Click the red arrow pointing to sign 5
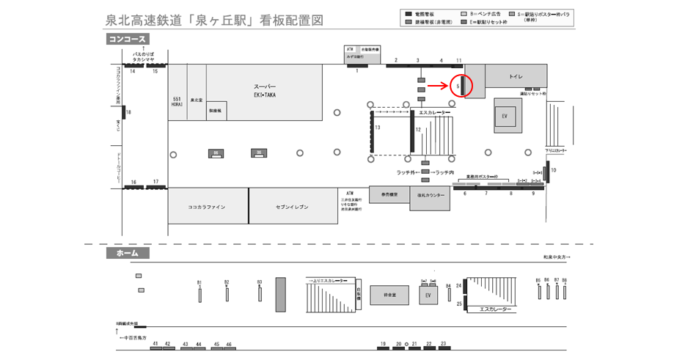(438, 85)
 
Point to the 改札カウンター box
(431, 196)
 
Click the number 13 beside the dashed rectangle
(377, 128)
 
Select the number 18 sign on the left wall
(128, 112)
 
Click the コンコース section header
(128, 39)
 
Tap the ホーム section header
(128, 253)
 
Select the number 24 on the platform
(459, 284)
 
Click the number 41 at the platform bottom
(155, 344)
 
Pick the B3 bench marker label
(260, 282)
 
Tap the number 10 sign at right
(554, 170)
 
